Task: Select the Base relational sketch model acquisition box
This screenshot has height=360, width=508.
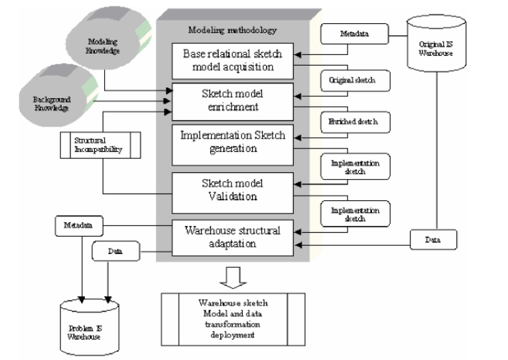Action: click(x=233, y=60)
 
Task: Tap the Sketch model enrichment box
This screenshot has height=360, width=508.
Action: click(x=233, y=101)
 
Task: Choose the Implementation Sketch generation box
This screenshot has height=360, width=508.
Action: click(x=233, y=142)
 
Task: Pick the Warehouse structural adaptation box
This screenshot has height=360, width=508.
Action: click(x=233, y=237)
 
